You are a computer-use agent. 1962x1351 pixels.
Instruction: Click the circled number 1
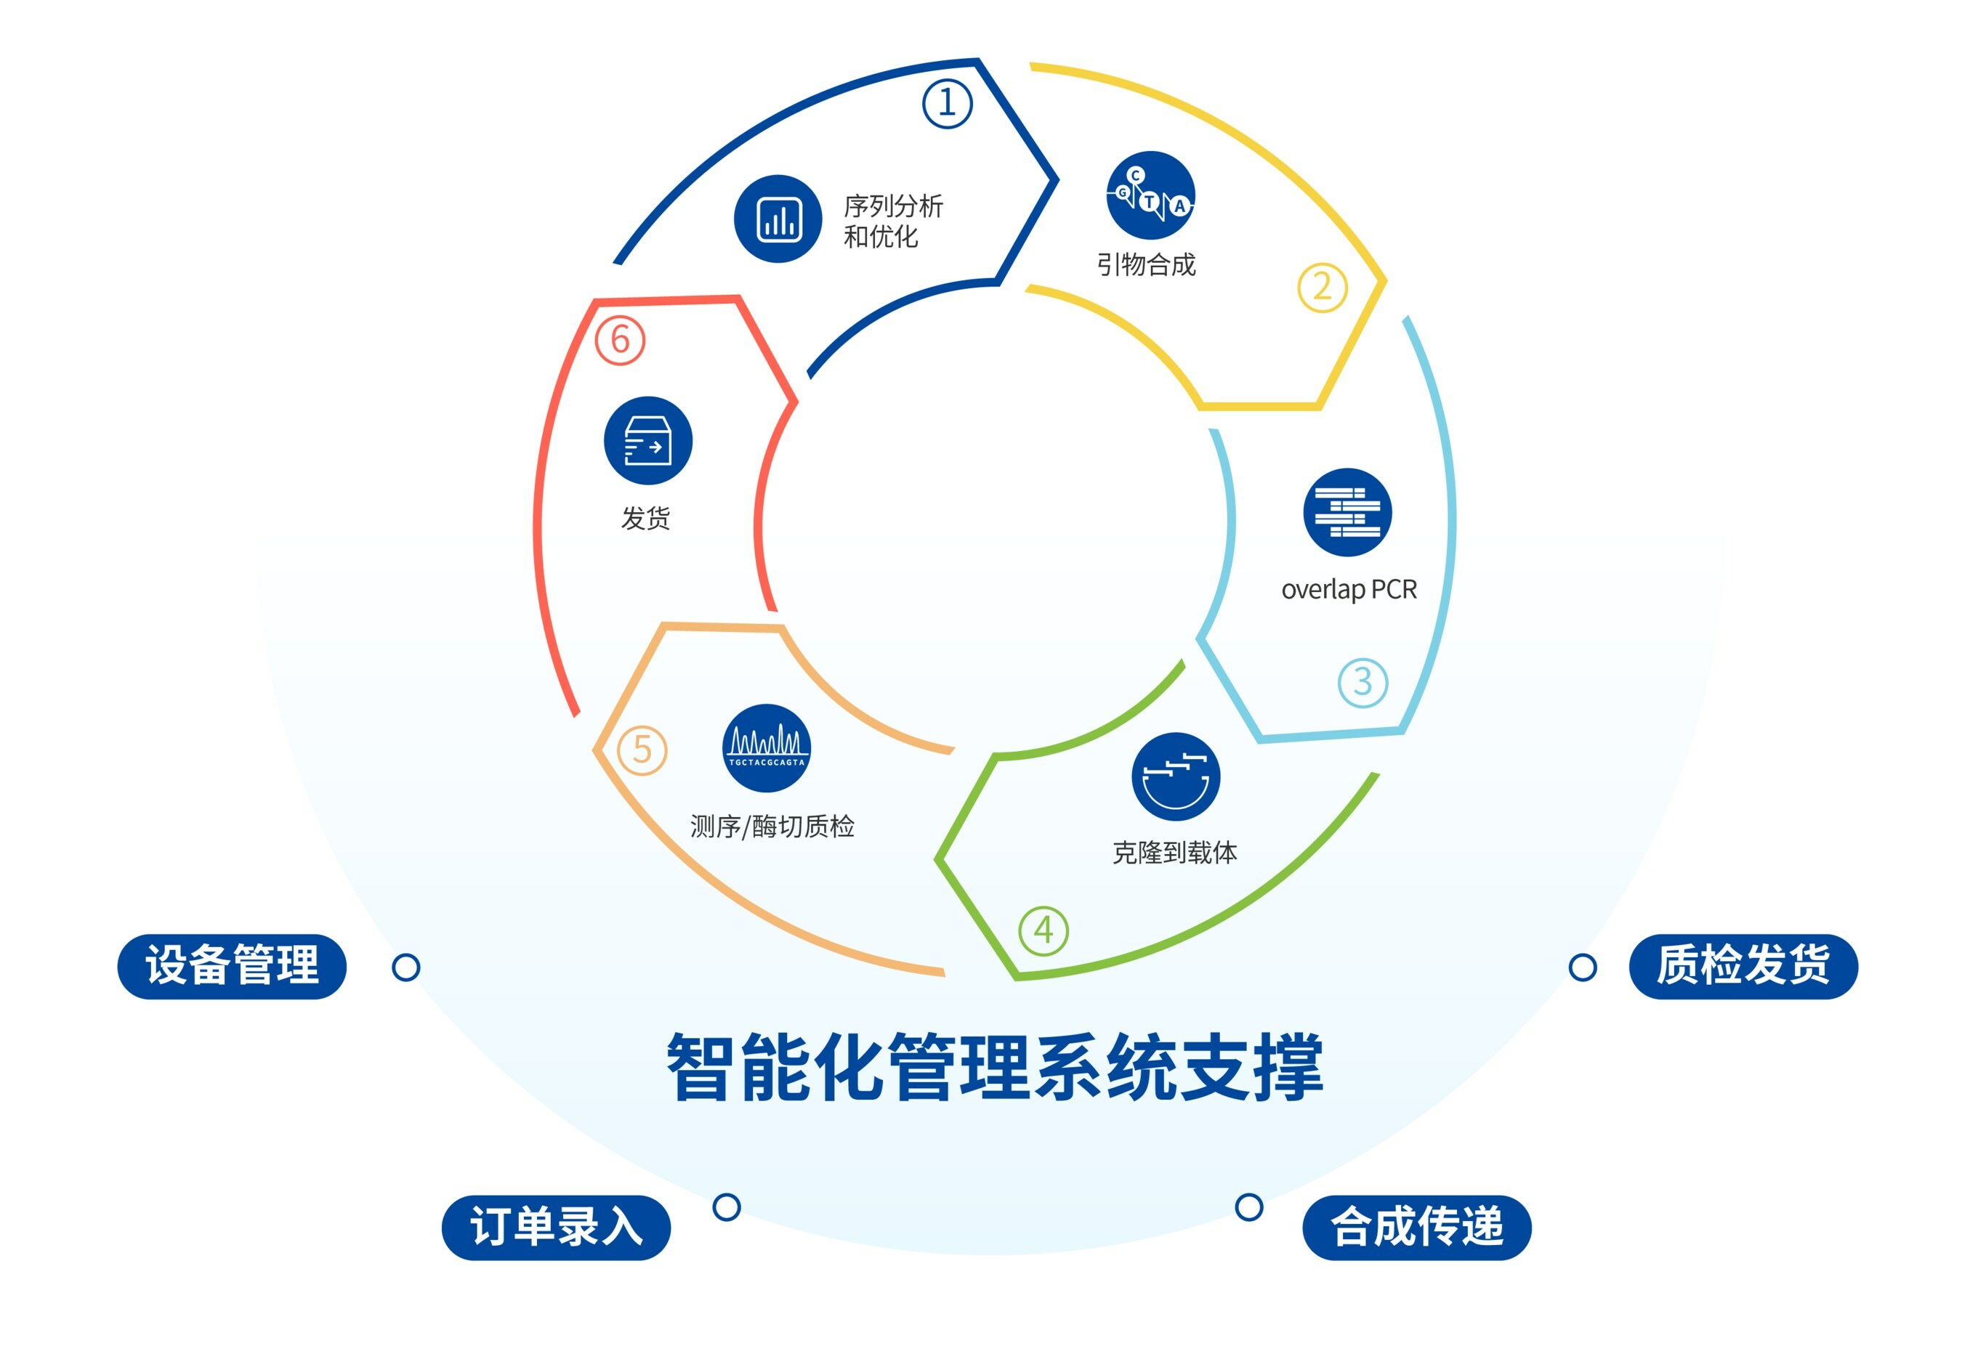click(946, 104)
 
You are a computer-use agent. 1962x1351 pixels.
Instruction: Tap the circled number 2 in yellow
click(1321, 288)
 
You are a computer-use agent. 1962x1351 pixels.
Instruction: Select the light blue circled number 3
click(1362, 682)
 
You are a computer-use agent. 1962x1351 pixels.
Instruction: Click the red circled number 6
click(620, 340)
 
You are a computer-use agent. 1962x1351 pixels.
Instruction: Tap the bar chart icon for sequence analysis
click(778, 219)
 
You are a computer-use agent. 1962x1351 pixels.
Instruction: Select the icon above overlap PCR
click(1347, 512)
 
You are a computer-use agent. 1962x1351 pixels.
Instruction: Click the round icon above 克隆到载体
click(1175, 776)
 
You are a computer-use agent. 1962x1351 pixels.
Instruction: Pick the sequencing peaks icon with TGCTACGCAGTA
click(767, 748)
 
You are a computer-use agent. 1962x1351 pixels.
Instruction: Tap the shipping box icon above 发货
click(647, 441)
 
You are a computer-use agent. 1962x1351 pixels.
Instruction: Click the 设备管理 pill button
click(232, 966)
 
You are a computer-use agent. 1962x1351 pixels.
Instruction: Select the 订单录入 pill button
click(555, 1227)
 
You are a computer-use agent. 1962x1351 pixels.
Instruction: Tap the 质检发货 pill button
click(1743, 966)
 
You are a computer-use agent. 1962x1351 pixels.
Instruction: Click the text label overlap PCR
click(1348, 589)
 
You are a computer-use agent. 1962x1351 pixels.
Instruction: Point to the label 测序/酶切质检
click(772, 826)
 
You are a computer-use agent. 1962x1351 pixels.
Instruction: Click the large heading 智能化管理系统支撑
click(995, 1068)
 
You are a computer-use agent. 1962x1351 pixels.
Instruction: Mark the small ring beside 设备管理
click(405, 967)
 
